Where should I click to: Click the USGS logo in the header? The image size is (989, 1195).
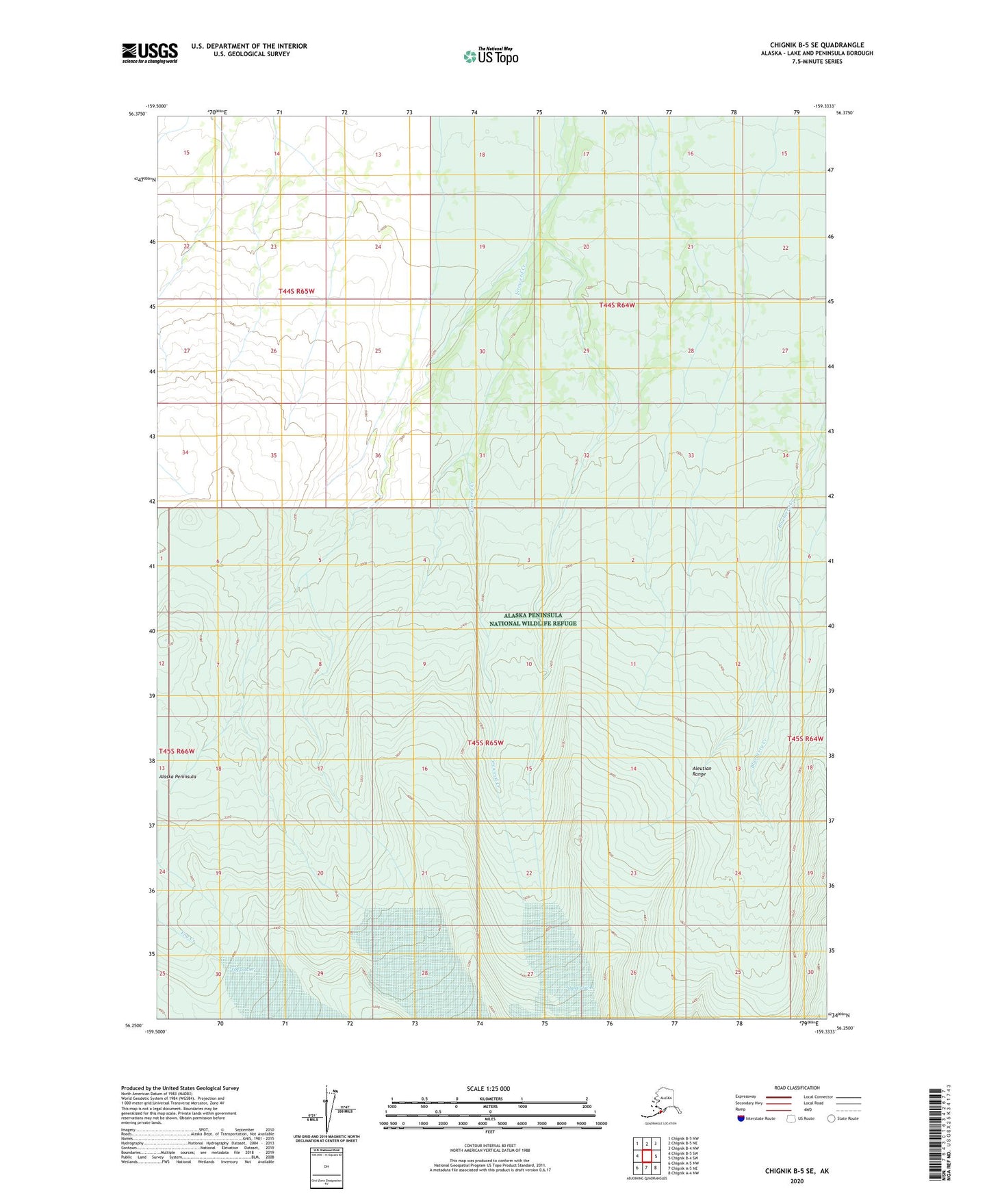(x=150, y=53)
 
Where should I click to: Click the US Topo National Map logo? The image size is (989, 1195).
(x=491, y=55)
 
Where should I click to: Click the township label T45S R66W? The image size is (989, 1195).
(x=177, y=751)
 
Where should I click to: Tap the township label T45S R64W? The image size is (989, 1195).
(x=805, y=738)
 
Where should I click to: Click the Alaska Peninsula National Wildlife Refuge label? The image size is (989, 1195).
(x=533, y=619)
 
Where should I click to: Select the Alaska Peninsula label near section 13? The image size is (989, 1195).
(x=177, y=777)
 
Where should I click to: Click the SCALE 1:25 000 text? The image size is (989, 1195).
(x=489, y=1088)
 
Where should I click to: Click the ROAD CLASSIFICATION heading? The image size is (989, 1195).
(x=797, y=1088)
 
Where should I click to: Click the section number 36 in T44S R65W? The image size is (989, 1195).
(x=378, y=455)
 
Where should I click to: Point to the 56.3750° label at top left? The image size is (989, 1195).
(x=137, y=114)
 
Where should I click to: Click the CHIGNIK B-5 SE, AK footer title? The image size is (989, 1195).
(x=797, y=1171)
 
